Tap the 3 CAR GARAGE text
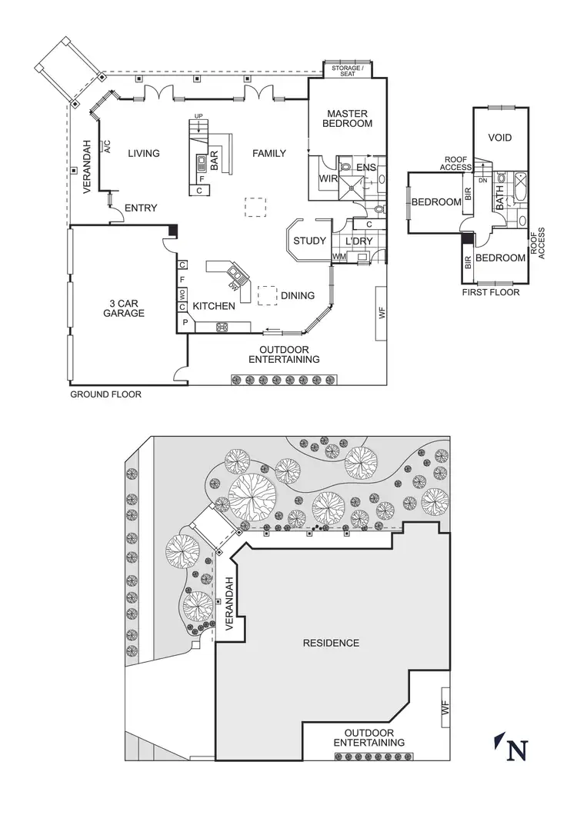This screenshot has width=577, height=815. [124, 308]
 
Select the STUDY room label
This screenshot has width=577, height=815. [309, 241]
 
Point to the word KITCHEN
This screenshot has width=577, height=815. [214, 306]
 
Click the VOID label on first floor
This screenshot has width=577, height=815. [501, 138]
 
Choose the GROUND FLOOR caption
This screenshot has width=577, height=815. [106, 394]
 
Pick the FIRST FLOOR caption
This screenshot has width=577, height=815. [491, 292]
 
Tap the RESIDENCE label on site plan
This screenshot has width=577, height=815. [331, 643]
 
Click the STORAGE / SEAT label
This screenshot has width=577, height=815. [347, 71]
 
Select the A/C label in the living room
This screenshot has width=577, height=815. [107, 148]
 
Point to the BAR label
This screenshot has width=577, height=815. [215, 159]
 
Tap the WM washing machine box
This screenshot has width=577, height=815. [339, 256]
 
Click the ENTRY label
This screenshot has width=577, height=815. [141, 208]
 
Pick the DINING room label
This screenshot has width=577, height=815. [298, 295]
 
